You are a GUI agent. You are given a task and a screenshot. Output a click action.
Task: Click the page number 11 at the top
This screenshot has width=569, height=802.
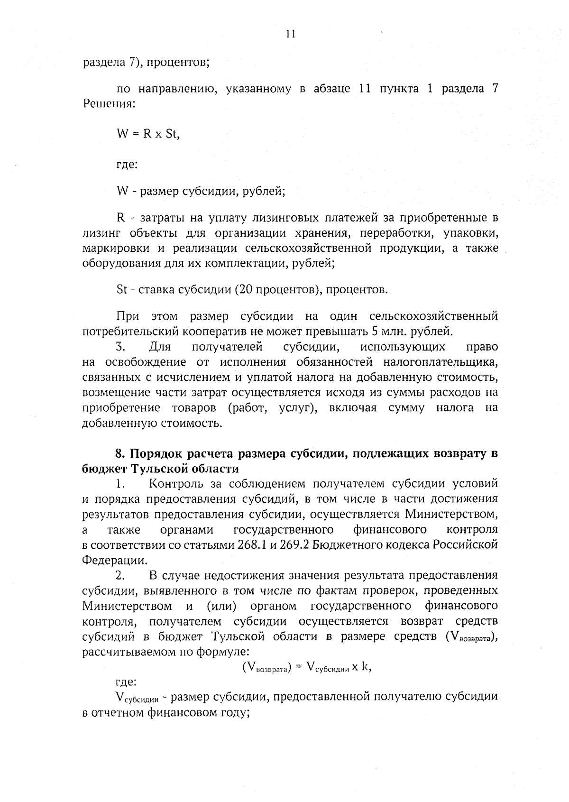[291, 33]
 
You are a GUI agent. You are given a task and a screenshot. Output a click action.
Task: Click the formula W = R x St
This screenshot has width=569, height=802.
[148, 134]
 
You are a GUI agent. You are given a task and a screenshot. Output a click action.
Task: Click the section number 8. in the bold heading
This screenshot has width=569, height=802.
[120, 453]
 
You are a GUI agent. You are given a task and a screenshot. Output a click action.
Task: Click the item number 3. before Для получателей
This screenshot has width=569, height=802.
[120, 347]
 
